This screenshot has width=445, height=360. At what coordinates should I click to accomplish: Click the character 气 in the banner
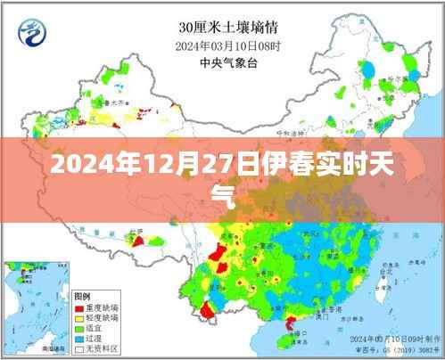[x=222, y=193]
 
